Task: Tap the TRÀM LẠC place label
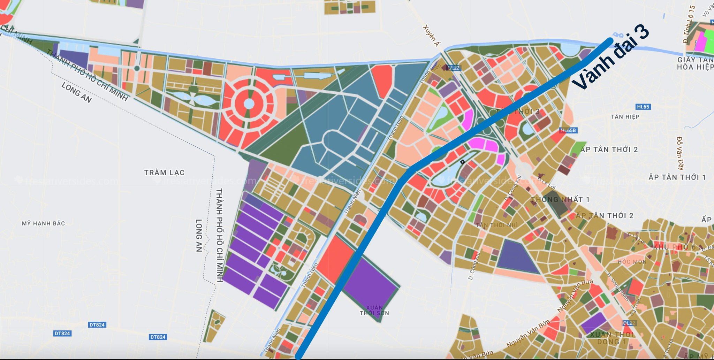point(164,173)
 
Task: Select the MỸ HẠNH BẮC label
point(43,223)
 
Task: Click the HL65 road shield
point(643,107)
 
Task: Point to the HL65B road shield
point(568,130)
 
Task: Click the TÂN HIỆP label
point(625,117)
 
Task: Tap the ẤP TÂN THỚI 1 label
point(677,177)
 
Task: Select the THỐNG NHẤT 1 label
point(560,199)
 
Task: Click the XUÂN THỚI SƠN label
point(374,310)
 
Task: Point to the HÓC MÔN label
point(632,262)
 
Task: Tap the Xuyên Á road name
point(431,35)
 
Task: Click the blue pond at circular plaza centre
point(249,104)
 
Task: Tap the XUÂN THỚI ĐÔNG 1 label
point(611,338)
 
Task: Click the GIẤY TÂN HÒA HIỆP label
point(695,63)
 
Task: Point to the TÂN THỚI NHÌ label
point(497,225)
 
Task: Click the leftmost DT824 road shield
point(62,334)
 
